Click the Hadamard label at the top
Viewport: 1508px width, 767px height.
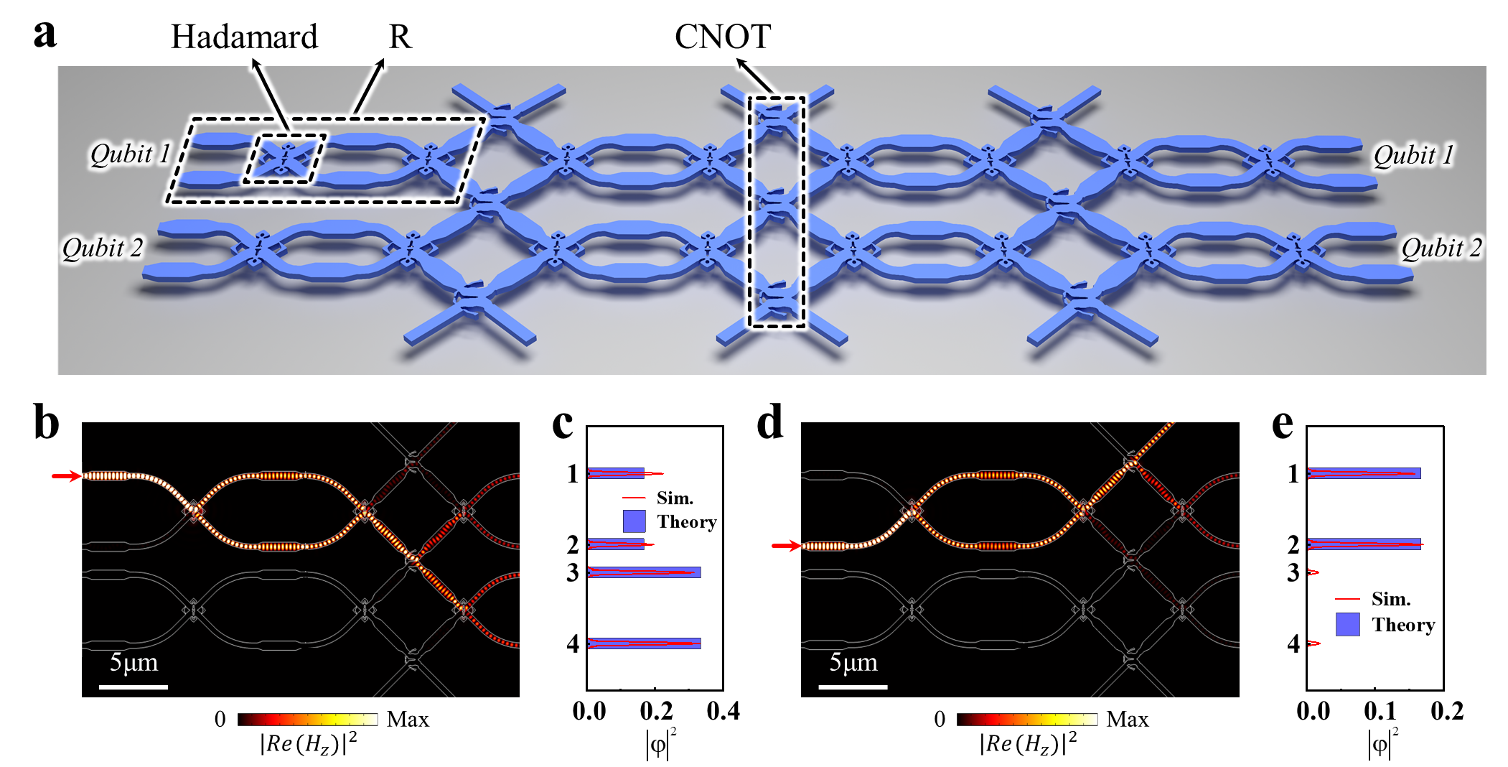244,37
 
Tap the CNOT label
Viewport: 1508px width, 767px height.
723,37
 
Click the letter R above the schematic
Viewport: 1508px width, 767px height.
400,37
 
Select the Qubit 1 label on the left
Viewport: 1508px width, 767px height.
129,154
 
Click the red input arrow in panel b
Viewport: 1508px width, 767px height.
66,475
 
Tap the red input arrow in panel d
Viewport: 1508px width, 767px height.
786,547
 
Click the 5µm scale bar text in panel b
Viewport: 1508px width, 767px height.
134,662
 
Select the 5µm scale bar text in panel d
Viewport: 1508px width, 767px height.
853,662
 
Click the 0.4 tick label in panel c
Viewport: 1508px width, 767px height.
723,711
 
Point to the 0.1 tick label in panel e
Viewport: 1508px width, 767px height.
1380,711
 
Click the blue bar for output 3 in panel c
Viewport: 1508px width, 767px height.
644,572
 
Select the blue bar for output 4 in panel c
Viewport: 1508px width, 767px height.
644,643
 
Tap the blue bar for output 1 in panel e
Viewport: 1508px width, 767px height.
1364,473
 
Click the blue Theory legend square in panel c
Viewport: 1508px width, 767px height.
634,521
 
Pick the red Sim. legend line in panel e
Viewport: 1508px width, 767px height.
1347,599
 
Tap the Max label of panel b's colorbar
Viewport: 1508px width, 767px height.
408,719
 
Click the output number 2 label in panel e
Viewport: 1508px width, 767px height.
1293,545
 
